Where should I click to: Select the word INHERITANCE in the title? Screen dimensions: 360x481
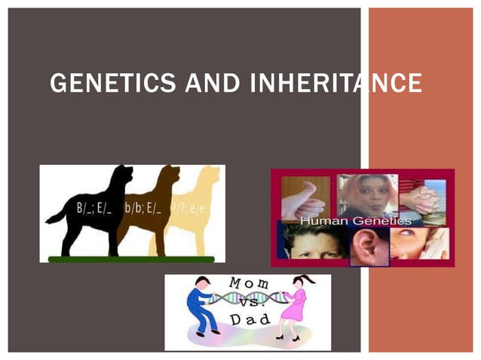point(332,83)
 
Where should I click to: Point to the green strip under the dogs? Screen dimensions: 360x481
point(131,259)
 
